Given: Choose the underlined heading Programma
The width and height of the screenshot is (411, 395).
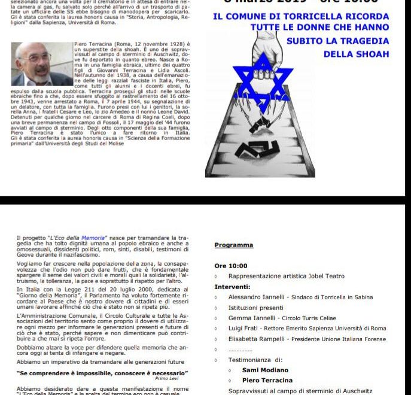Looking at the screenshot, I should (x=234, y=245).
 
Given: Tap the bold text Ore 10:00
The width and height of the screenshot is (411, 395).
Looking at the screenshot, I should (x=231, y=266).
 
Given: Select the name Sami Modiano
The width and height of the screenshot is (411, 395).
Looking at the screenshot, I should (x=265, y=370).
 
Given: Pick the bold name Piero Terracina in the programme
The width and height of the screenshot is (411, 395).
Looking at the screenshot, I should (x=267, y=380).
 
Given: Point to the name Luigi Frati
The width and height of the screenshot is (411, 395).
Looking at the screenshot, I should (x=245, y=329).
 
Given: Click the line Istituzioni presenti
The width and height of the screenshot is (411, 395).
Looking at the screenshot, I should (x=255, y=308).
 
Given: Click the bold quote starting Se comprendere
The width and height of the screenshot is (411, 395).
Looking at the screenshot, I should (x=102, y=373).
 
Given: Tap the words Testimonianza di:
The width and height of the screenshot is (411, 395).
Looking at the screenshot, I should (x=254, y=360).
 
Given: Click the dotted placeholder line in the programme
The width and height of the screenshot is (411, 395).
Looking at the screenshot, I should (x=240, y=350).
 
